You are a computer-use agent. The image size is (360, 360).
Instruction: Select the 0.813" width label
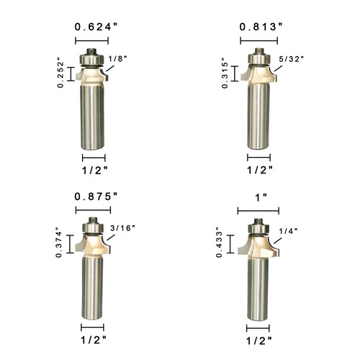pos(260,28)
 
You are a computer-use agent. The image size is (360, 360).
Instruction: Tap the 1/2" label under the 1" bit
pos(260,338)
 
